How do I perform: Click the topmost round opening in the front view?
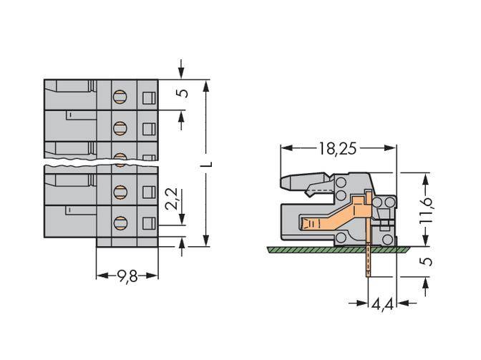point(120,95)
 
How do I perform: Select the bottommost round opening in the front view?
point(120,221)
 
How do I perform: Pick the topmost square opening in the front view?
point(149,98)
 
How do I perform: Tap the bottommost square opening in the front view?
point(149,222)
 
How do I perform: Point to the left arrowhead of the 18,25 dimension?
point(284,148)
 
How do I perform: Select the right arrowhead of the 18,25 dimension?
point(392,148)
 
